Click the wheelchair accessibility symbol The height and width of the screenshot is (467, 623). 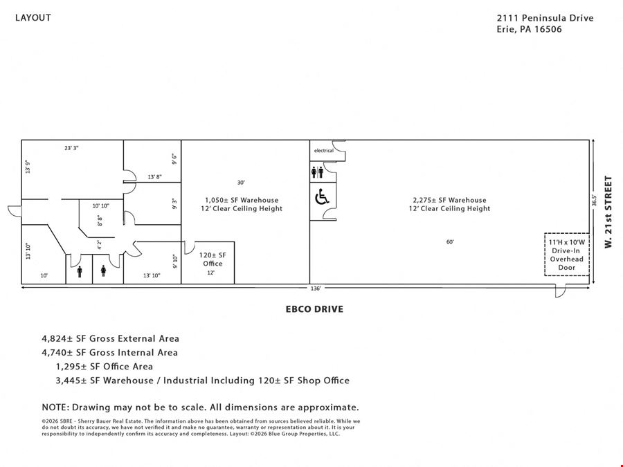[322, 197]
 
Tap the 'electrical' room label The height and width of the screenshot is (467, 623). [324, 151]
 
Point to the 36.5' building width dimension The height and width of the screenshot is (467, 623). [594, 200]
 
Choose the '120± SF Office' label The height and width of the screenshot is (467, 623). [213, 259]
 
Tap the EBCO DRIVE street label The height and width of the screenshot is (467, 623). [314, 309]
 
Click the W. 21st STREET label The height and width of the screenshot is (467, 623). [608, 212]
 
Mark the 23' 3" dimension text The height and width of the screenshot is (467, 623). [71, 148]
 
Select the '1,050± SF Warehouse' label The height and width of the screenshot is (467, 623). [242, 200]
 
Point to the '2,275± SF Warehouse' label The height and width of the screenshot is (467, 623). [449, 200]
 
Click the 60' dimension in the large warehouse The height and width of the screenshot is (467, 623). [450, 242]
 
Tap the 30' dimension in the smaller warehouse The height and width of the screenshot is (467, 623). [241, 183]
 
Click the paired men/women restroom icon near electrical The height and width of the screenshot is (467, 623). [318, 172]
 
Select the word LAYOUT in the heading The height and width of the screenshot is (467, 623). [33, 18]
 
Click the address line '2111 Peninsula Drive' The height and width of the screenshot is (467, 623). [545, 18]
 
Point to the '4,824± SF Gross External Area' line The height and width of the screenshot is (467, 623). [111, 339]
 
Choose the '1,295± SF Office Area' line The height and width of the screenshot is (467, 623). [104, 367]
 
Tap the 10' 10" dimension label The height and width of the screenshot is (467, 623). [101, 205]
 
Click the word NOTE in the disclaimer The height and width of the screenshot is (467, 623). [55, 408]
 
